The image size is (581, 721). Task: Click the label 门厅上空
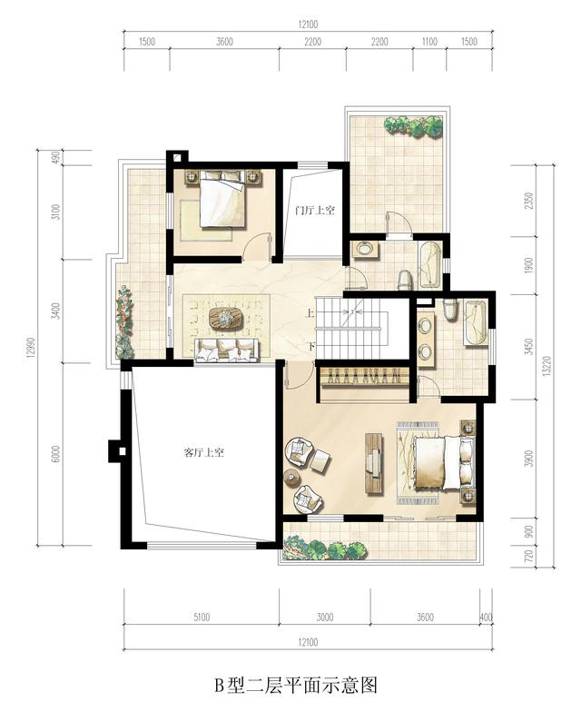coord(315,211)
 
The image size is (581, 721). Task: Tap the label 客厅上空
coord(203,452)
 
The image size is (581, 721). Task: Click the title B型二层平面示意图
coord(296,685)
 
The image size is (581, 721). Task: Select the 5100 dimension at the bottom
coord(202,617)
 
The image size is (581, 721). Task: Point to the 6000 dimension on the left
coord(56,453)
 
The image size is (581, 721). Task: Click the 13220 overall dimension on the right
coord(546,367)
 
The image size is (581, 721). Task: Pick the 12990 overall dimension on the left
coord(31,346)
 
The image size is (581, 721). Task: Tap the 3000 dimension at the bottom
coord(324,617)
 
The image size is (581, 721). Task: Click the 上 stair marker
coord(310,314)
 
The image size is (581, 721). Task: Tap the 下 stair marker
coord(310,346)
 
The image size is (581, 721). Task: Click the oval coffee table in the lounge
coord(226,318)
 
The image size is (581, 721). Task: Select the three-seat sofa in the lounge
coord(226,351)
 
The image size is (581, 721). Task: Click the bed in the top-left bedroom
coord(222,199)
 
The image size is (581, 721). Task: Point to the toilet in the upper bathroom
coord(405,281)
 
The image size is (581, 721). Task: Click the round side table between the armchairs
coord(291,478)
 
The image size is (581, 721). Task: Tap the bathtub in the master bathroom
coord(476,322)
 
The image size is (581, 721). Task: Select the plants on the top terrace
coord(413,126)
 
